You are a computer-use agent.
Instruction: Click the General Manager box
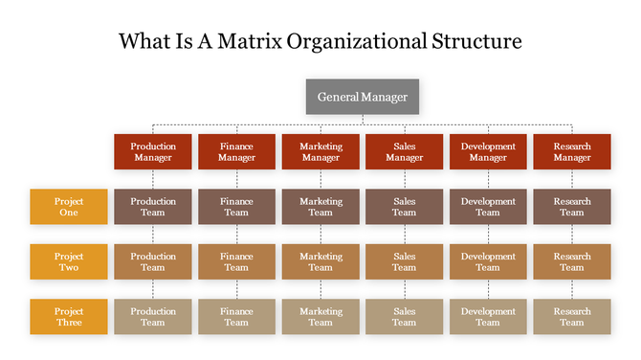click(363, 97)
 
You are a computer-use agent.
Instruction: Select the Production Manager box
click(153, 152)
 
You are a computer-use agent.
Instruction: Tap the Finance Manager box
click(236, 152)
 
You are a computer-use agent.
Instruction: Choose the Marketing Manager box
click(320, 152)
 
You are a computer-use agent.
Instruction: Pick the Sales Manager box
click(405, 152)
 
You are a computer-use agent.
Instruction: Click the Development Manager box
click(488, 152)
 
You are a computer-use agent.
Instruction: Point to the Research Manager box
click(572, 152)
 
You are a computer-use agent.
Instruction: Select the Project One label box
click(69, 207)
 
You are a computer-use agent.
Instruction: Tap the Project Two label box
click(69, 261)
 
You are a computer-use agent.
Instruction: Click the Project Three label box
click(69, 317)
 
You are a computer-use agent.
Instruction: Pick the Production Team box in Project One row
click(153, 207)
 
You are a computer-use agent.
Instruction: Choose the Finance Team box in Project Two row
click(236, 261)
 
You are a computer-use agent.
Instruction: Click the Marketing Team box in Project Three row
click(320, 317)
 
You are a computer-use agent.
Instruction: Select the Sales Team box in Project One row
click(405, 207)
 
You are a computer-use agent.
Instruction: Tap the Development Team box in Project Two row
click(488, 261)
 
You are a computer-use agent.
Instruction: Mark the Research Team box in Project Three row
click(572, 317)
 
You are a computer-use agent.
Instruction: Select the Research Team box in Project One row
click(572, 207)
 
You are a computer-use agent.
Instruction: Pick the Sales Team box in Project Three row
click(405, 317)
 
